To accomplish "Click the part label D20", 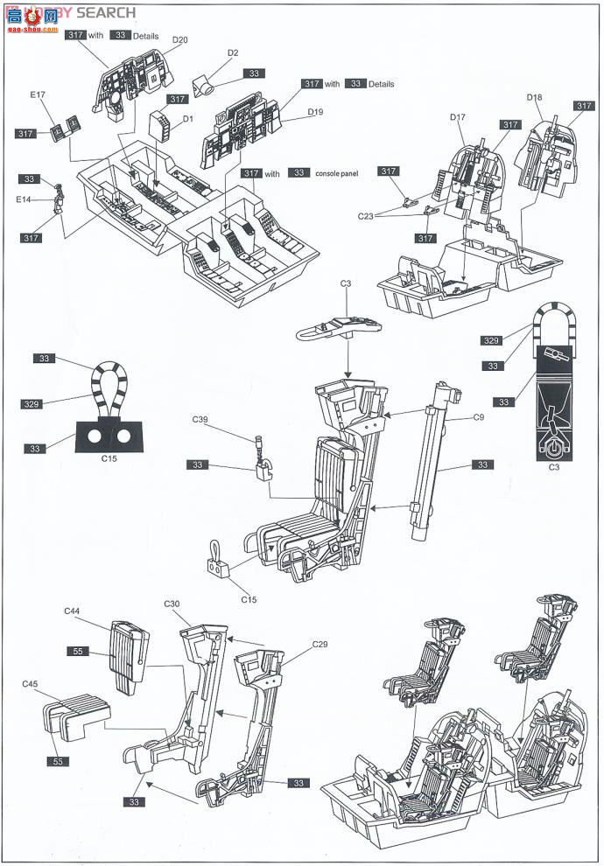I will point(180,39).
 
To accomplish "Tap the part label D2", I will point(233,53).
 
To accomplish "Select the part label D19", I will point(316,112).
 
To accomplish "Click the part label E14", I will point(36,199).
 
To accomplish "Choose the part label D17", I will point(458,118).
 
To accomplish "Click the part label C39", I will point(200,421).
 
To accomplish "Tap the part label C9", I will point(478,417).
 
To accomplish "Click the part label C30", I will point(172,604).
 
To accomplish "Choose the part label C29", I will point(320,645).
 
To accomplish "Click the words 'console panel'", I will point(337,174).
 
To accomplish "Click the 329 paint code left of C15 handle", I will point(32,405).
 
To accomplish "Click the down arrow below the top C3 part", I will point(348,359).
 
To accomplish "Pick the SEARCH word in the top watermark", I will point(106,12).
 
